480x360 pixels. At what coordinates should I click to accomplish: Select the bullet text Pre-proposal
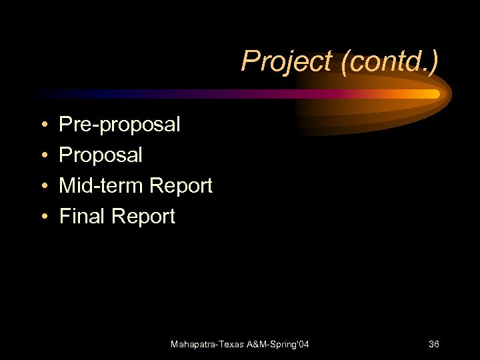point(119,125)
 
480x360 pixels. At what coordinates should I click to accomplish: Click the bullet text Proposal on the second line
point(101,155)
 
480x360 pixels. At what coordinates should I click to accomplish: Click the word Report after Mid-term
point(181,185)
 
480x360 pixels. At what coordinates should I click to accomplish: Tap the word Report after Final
point(143,216)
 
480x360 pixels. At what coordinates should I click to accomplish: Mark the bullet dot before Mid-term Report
point(43,186)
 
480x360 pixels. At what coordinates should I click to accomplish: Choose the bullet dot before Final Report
point(43,217)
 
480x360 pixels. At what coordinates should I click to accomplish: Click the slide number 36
point(433,344)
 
